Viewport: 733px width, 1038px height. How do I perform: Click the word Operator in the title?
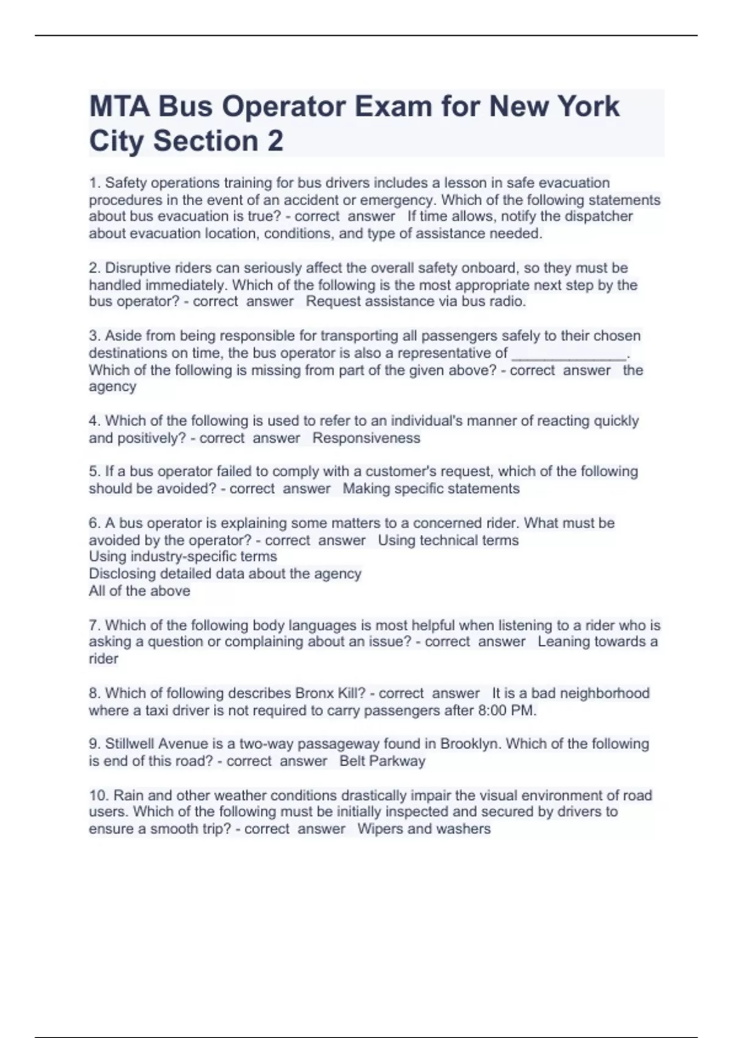click(x=283, y=107)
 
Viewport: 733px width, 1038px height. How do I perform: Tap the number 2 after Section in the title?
click(x=275, y=141)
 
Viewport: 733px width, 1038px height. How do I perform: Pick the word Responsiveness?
click(x=366, y=438)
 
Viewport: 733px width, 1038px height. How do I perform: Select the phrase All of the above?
click(x=139, y=590)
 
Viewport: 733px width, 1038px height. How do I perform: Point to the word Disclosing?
click(x=122, y=573)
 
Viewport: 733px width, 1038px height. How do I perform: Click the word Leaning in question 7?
click(x=561, y=642)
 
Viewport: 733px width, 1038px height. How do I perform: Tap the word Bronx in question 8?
click(x=315, y=693)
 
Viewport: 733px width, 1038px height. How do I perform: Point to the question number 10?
click(x=98, y=796)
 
